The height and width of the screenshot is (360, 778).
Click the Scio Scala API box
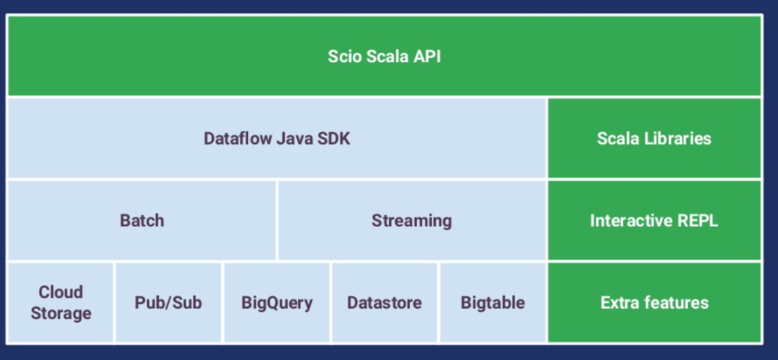[384, 56]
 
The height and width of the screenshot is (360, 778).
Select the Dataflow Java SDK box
[277, 138]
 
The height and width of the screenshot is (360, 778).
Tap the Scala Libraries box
[654, 138]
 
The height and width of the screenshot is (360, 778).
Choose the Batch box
[142, 220]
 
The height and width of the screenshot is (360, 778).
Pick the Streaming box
[412, 220]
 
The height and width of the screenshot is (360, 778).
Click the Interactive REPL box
[654, 220]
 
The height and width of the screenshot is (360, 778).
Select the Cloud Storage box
[61, 302]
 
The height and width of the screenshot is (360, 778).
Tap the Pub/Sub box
[168, 302]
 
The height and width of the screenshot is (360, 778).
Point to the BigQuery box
[277, 302]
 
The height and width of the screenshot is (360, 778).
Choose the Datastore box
[384, 302]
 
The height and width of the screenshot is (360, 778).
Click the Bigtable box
[492, 302]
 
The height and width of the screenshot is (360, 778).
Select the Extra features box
[654, 302]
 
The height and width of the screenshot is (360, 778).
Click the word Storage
[61, 313]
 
